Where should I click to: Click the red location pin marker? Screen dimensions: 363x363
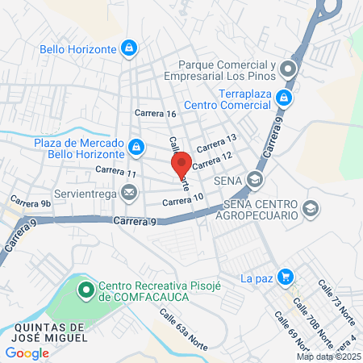181,162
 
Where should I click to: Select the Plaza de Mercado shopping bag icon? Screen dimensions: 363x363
137,148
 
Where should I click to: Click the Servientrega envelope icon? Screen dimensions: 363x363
128,193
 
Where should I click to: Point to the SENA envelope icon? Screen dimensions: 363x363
256,179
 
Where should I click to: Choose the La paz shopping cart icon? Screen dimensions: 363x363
284,277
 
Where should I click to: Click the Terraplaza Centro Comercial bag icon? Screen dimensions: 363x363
283,98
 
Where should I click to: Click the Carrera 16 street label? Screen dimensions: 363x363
156,114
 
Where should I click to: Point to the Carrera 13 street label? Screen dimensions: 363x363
215,143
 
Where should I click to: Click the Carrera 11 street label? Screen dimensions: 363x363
115,171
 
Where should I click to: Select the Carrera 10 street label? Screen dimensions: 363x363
182,199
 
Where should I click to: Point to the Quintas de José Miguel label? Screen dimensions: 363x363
44,332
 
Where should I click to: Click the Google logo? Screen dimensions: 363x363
27,353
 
